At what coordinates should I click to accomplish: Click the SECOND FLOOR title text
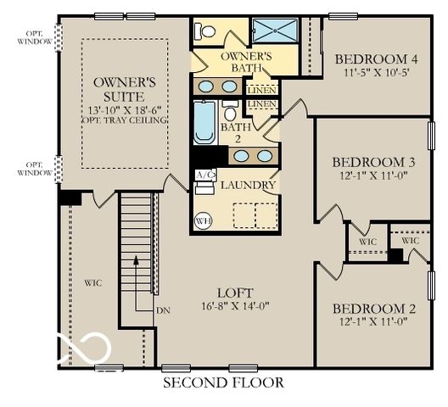[222, 382]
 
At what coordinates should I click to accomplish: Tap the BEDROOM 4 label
[376, 59]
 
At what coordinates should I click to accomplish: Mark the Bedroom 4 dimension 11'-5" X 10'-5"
[376, 73]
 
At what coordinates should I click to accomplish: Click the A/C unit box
[204, 176]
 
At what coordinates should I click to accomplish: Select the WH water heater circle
[204, 220]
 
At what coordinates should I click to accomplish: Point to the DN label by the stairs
[163, 310]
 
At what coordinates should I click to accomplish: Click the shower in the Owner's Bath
[277, 31]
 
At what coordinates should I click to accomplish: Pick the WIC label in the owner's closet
[92, 282]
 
